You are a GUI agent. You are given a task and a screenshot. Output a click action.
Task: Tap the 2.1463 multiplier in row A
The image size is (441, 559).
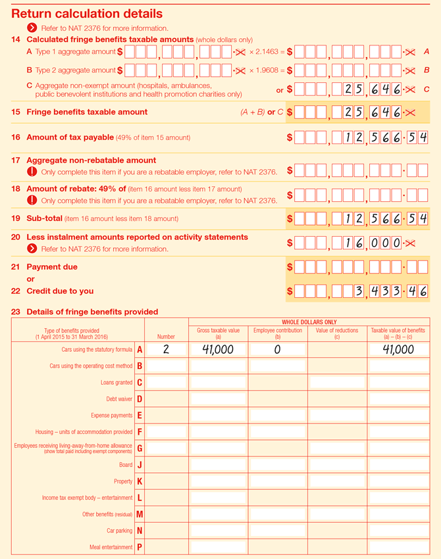[x=267, y=51]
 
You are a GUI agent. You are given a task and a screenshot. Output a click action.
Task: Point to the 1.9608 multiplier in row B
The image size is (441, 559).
[x=267, y=70]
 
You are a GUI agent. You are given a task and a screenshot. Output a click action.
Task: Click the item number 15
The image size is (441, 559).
[x=16, y=112]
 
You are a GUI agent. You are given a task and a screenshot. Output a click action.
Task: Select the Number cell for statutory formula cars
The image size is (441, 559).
[x=166, y=350]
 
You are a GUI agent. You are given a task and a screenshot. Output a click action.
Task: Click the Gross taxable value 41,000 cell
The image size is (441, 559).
[x=218, y=350]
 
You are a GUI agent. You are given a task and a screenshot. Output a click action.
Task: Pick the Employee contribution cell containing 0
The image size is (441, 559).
[x=277, y=350]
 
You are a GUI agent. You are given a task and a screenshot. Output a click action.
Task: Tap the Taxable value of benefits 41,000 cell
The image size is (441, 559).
[x=398, y=350]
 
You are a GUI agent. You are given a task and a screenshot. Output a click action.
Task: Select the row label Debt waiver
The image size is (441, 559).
[x=119, y=399]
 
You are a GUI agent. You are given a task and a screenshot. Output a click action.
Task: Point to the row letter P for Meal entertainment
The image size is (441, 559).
[x=140, y=547]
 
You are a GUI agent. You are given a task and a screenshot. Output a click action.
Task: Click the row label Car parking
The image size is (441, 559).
[x=119, y=531]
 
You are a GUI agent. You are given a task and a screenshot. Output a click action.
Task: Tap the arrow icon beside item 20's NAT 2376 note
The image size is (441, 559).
[x=32, y=249]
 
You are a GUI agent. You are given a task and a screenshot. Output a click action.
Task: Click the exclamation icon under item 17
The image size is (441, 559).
[x=32, y=172]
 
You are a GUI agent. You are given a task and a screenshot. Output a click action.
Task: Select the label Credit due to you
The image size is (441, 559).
[x=60, y=291]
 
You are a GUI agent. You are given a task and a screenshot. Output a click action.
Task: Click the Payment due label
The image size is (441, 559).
[x=52, y=267]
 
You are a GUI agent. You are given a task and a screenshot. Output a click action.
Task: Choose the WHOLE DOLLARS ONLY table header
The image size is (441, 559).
[x=309, y=322]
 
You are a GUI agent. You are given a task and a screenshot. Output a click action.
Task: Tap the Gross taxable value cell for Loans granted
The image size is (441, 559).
[x=218, y=383]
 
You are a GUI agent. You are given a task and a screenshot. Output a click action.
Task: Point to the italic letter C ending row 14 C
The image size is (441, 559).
[x=427, y=89]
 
